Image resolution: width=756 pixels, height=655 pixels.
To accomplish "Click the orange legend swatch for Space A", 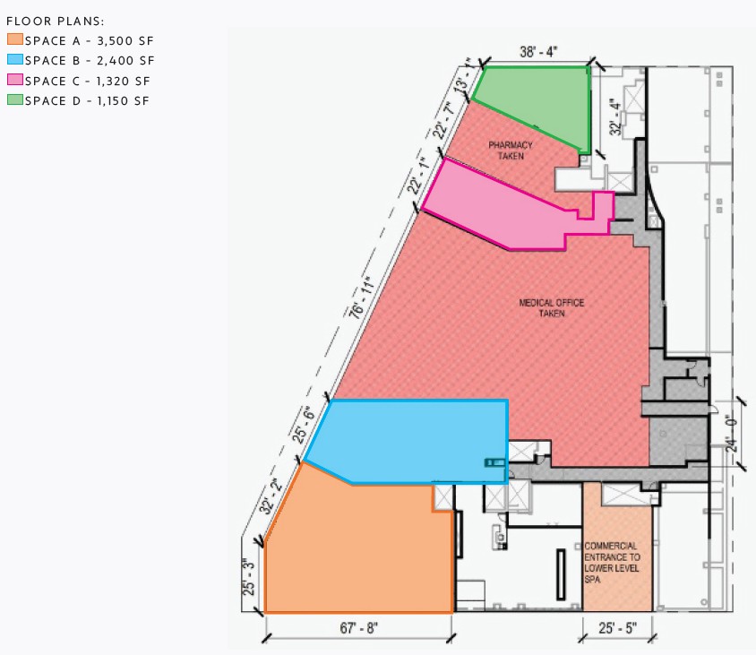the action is click(14, 39).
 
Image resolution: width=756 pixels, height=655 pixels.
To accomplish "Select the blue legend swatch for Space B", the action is click(14, 60).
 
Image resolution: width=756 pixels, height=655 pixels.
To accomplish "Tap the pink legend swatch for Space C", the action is click(14, 80).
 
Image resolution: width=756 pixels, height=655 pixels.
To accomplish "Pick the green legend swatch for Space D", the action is click(14, 100).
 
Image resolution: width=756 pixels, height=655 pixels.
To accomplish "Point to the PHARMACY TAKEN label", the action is click(511, 151).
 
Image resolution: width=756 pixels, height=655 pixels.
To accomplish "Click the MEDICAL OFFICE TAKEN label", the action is click(551, 307).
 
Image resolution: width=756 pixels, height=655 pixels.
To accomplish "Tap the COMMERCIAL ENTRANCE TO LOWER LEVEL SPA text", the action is click(612, 562).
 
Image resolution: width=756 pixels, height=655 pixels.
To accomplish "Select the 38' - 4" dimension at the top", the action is click(538, 52).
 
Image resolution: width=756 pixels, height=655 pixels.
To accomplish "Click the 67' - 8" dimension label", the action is click(358, 628).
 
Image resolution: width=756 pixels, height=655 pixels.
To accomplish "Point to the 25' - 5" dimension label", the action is click(618, 628).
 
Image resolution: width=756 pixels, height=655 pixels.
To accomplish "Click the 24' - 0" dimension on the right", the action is click(743, 435).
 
